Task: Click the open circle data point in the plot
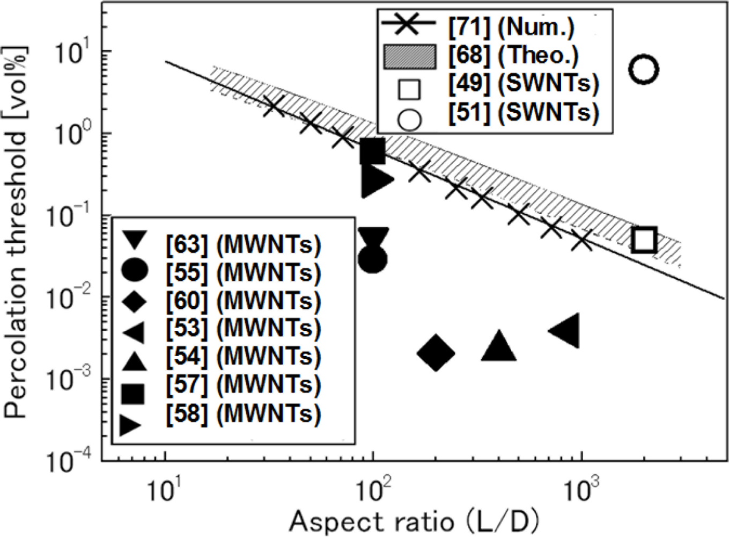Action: [x=643, y=69]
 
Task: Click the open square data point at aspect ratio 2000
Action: [x=644, y=240]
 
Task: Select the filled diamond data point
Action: [x=436, y=353]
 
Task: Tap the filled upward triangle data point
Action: [x=498, y=347]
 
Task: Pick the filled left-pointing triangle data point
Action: [x=566, y=330]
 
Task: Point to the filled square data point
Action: [x=372, y=150]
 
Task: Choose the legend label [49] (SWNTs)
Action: [x=524, y=83]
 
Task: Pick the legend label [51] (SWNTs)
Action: [x=524, y=112]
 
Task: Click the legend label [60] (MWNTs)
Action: [x=243, y=301]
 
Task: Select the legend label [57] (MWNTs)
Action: [x=243, y=384]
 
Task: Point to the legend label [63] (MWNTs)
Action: [x=243, y=244]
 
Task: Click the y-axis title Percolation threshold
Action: [x=16, y=231]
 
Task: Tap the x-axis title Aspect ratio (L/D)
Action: [x=414, y=521]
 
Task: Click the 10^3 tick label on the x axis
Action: [x=580, y=489]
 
